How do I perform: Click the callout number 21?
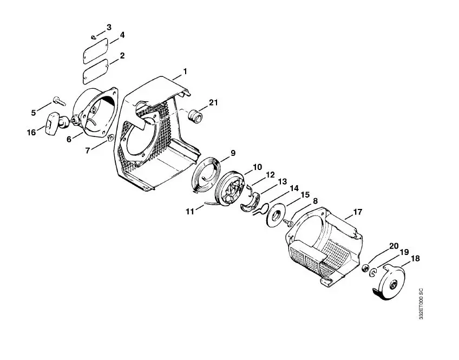pyautogui.click(x=213, y=102)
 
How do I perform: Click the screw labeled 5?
pyautogui.click(x=60, y=101)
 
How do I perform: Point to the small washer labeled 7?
pyautogui.click(x=110, y=138)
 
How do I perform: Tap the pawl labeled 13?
pyautogui.click(x=250, y=202)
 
